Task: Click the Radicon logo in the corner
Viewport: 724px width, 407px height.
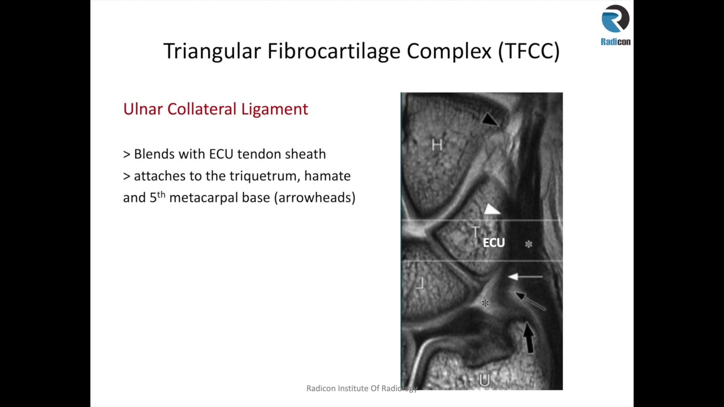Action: click(615, 25)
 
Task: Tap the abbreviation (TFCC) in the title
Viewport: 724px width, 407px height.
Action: click(529, 51)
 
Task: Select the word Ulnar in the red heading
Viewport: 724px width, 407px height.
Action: click(143, 109)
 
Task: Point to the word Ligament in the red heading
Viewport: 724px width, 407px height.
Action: click(274, 109)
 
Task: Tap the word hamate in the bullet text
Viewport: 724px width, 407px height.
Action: click(327, 176)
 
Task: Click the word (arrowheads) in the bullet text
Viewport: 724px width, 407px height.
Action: click(314, 197)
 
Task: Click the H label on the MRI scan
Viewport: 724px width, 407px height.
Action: click(437, 145)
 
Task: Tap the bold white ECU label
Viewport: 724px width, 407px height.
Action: click(493, 243)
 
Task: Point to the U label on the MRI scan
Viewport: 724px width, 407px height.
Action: click(484, 380)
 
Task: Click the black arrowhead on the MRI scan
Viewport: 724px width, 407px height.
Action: click(490, 119)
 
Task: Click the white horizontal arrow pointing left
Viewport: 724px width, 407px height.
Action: click(525, 277)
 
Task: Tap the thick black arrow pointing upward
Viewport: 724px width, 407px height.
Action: click(528, 337)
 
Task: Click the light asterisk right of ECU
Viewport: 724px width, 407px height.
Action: click(528, 244)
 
